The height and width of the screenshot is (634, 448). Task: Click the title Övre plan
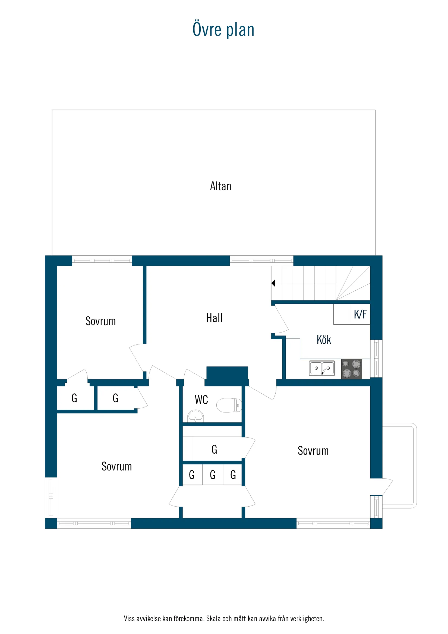pos(223,30)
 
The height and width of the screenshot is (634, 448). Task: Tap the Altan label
pos(220,186)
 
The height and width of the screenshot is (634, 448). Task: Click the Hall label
pos(214,318)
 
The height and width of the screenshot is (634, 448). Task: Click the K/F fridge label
pos(360,315)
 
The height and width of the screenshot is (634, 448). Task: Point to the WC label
pos(201,400)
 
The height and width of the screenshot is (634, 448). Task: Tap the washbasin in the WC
pos(195,416)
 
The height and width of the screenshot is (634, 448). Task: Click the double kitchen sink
pos(322,368)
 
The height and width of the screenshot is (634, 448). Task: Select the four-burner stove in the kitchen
pos(351,369)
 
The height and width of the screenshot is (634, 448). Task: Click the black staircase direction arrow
pos(273,283)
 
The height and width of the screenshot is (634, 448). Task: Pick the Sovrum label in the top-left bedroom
pos(100,321)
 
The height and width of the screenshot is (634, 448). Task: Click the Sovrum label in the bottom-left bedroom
pos(116,467)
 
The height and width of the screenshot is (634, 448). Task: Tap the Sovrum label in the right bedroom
pos(313,451)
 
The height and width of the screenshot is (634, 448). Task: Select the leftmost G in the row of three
pos(192,475)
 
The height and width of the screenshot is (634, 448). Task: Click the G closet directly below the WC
pos(214,450)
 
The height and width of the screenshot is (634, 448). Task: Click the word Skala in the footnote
pos(213,618)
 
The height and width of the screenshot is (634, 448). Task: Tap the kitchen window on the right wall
pos(376,358)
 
